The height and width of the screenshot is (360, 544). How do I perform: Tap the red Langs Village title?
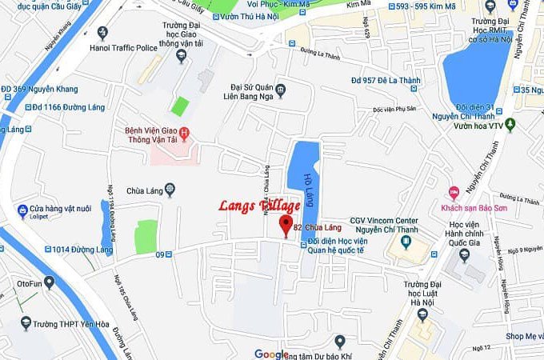260,206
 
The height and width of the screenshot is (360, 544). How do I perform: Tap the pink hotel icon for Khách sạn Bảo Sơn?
454,192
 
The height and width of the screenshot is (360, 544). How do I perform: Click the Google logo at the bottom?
271,354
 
